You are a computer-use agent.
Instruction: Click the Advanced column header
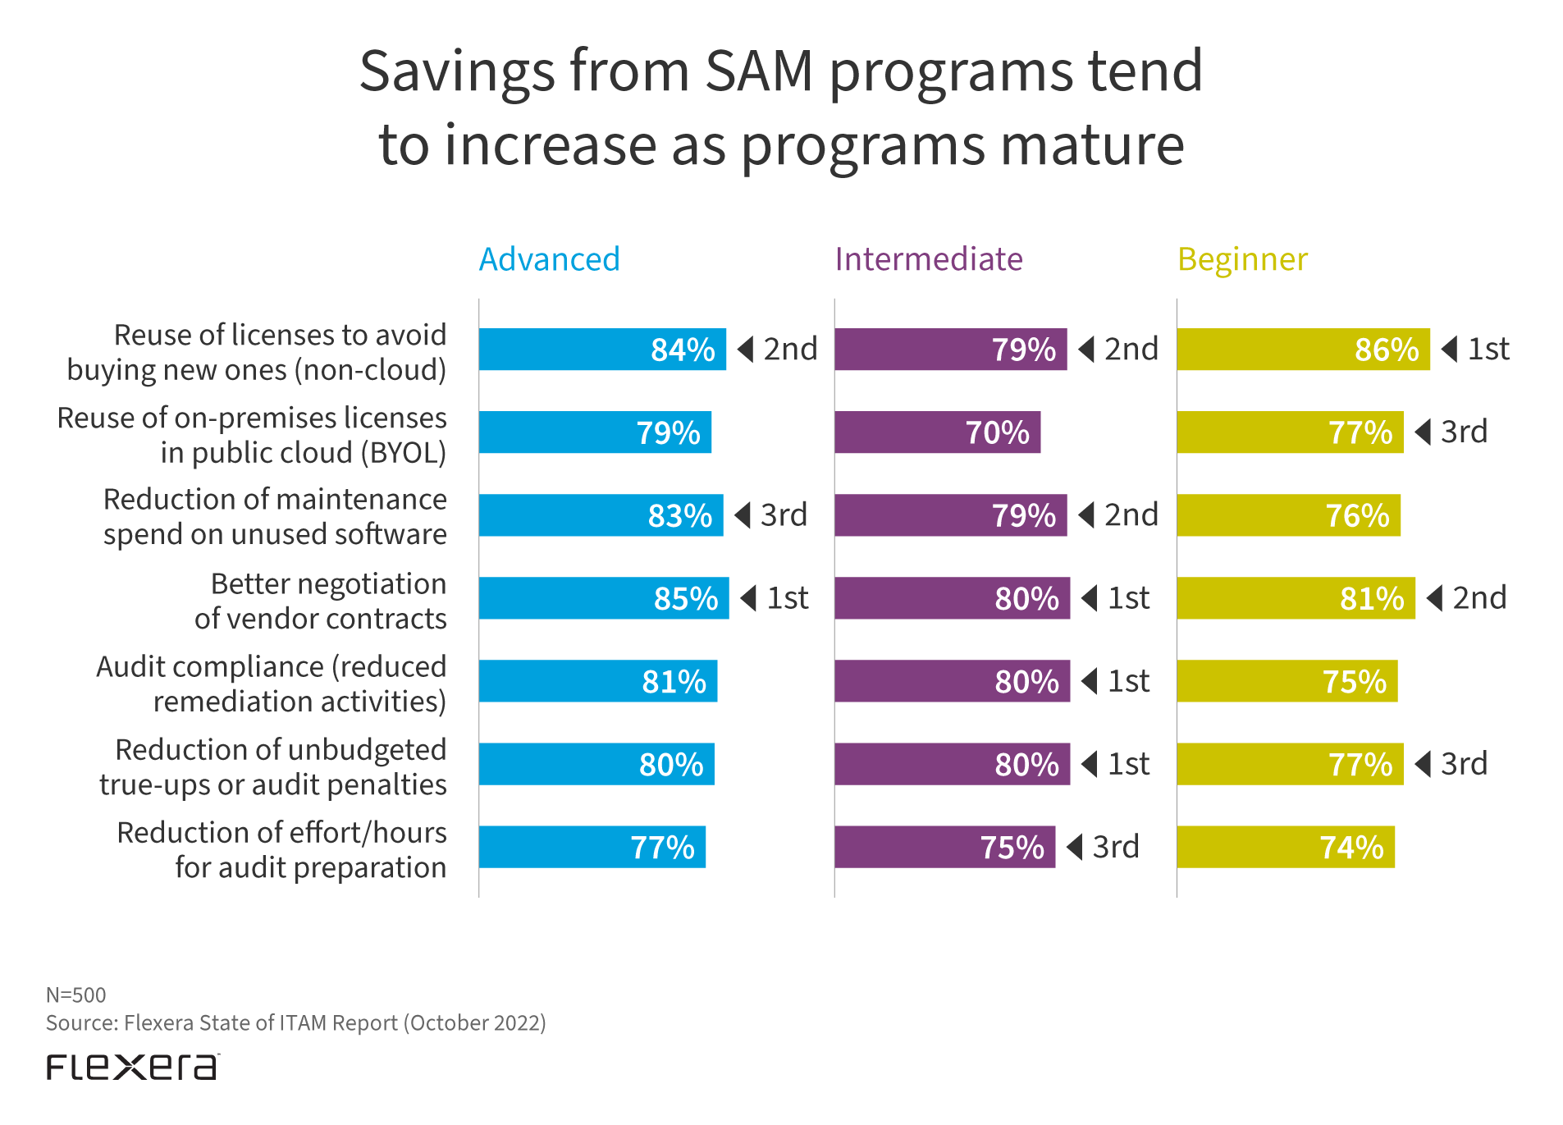[x=549, y=259]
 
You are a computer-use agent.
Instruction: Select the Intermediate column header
[x=929, y=259]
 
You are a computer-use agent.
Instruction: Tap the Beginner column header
[x=1242, y=260]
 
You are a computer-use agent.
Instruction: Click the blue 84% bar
[x=602, y=350]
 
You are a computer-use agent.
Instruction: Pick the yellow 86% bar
[x=1303, y=350]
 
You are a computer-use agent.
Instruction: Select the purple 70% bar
[x=937, y=432]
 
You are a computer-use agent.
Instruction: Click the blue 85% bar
[x=604, y=598]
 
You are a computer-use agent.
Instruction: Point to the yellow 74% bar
[x=1286, y=847]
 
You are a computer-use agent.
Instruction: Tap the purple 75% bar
[x=944, y=847]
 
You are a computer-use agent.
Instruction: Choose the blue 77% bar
[x=592, y=847]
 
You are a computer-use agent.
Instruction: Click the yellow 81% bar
[x=1296, y=598]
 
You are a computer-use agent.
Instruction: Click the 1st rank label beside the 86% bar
[x=1488, y=350]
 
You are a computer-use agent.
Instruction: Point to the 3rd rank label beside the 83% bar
[x=784, y=515]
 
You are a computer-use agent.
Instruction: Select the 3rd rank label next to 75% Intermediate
[x=1115, y=847]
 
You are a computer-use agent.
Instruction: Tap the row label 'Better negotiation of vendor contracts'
[x=321, y=601]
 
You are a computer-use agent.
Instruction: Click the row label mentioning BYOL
[x=252, y=435]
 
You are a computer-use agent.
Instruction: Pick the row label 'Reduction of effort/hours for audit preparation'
[x=282, y=849]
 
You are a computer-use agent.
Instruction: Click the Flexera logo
[x=132, y=1067]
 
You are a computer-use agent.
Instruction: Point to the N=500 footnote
[x=76, y=995]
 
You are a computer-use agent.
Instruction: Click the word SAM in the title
[x=759, y=71]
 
